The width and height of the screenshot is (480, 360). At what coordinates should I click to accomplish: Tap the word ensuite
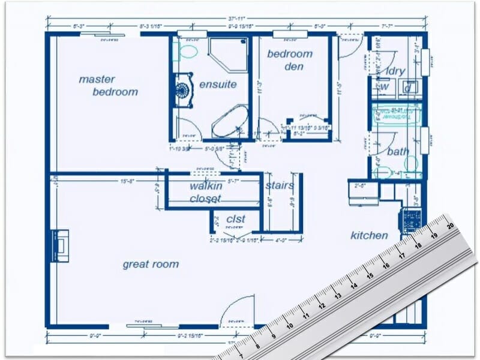pyautogui.click(x=218, y=84)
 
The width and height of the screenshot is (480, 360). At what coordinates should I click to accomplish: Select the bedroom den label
pyautogui.click(x=290, y=59)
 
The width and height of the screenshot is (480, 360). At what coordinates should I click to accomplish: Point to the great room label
pyautogui.click(x=151, y=264)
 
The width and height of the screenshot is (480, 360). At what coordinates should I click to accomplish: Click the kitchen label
pyautogui.click(x=369, y=236)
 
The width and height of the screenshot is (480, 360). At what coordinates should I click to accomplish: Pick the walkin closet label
pyautogui.click(x=206, y=192)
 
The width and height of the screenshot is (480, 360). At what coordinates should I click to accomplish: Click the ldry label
pyautogui.click(x=395, y=71)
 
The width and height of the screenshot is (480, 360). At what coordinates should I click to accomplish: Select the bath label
pyautogui.click(x=397, y=152)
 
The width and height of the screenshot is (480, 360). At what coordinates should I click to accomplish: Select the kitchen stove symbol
pyautogui.click(x=412, y=220)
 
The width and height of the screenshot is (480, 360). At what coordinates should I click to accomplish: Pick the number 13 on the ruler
pyautogui.click(x=338, y=296)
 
